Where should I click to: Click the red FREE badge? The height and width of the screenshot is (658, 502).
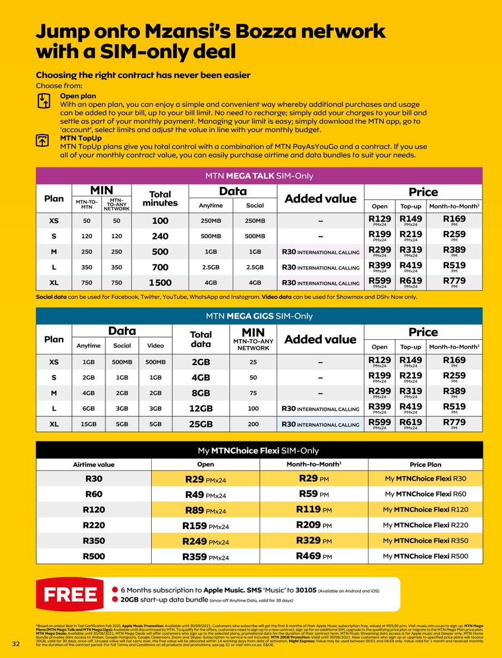(71, 595)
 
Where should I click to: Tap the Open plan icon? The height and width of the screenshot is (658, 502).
(44, 100)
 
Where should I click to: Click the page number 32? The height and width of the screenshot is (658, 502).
(16, 644)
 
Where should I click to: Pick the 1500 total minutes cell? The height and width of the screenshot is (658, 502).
(160, 283)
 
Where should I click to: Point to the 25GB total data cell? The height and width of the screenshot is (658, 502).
(201, 424)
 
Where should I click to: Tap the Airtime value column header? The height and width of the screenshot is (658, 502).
(94, 464)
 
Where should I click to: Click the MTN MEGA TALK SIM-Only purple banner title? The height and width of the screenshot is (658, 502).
(259, 176)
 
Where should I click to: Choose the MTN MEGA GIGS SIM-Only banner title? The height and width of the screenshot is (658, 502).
(259, 316)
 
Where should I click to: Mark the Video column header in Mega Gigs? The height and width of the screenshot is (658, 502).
(156, 345)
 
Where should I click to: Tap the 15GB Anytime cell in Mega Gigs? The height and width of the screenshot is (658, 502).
(89, 424)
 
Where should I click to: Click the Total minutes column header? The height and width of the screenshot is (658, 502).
(160, 199)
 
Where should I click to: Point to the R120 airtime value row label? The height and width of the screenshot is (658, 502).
(94, 510)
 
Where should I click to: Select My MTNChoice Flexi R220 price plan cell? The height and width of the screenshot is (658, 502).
(426, 525)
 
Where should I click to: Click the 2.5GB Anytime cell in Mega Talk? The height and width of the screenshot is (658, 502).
(211, 267)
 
